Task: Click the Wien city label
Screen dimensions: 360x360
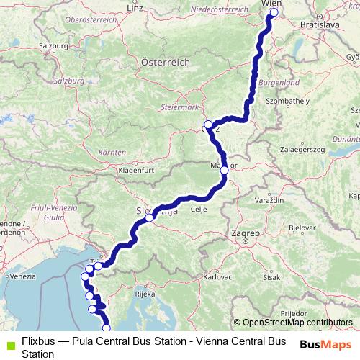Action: [271, 4]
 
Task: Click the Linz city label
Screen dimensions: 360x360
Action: [135, 8]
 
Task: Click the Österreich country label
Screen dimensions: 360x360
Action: [166, 63]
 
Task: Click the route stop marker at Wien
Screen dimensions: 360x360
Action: [273, 12]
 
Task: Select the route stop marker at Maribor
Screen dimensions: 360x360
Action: [224, 170]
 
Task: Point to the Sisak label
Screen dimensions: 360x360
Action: [271, 276]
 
